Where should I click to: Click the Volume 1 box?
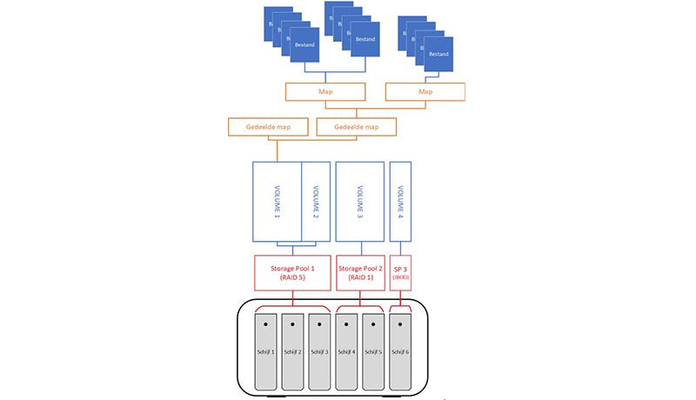coord(277,203)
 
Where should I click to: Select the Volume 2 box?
coord(314,203)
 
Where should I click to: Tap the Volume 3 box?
coord(359,203)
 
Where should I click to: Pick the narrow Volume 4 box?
coord(400,203)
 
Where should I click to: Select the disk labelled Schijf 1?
coord(265,352)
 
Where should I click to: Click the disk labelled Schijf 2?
coord(292,352)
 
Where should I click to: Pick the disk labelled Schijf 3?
coord(319,352)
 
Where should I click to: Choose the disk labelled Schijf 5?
coord(373,352)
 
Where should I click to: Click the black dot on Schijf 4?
coord(346,325)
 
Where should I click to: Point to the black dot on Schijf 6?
coord(400,325)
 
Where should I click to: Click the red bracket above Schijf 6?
coord(400,307)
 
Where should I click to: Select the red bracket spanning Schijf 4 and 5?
coord(359,307)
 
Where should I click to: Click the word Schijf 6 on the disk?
coord(400,352)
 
